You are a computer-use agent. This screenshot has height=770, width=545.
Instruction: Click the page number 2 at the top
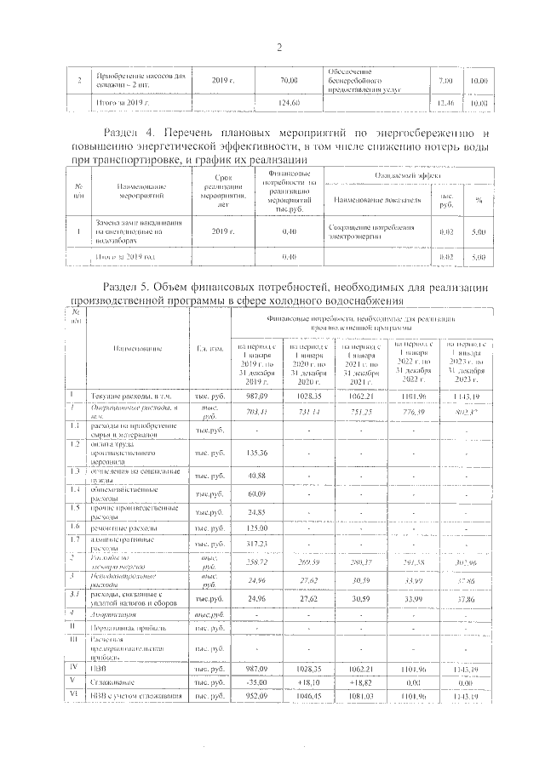tap(279, 46)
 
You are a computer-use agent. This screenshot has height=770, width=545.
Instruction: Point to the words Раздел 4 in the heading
tap(127, 134)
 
